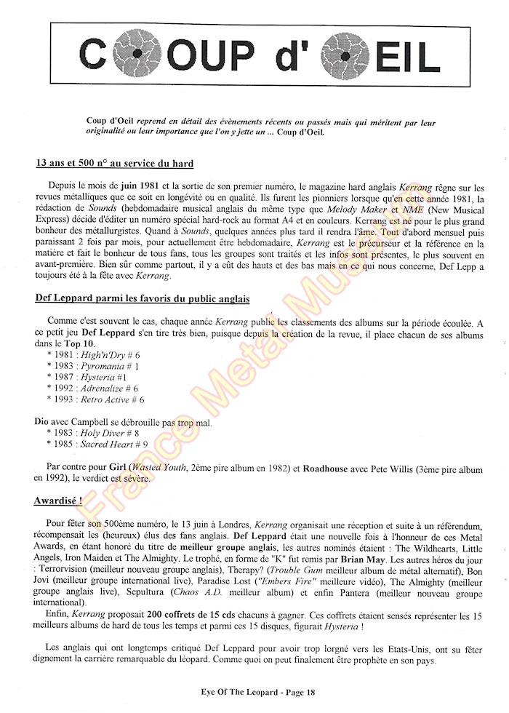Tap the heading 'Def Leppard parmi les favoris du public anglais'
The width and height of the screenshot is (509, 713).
tap(143, 299)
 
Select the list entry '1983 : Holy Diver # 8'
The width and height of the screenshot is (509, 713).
tap(91, 433)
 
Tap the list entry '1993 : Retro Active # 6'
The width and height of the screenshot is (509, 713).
tap(95, 399)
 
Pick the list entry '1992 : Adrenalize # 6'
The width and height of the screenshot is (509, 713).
tap(92, 389)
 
